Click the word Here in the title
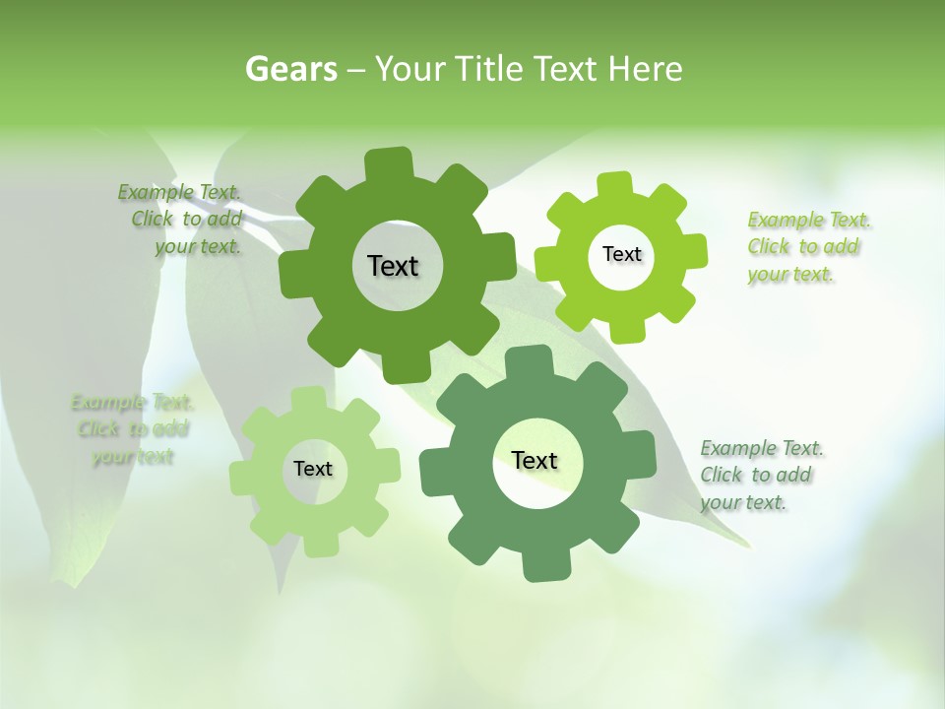tap(645, 69)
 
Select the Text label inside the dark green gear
tap(393, 266)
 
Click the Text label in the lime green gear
tap(621, 254)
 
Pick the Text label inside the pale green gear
tap(313, 469)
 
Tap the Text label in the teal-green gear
tap(535, 460)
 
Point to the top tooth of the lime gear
tap(613, 185)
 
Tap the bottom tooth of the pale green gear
tap(320, 545)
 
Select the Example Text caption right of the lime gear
tap(807, 247)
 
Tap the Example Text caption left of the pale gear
tap(132, 429)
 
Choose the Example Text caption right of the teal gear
tap(760, 476)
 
